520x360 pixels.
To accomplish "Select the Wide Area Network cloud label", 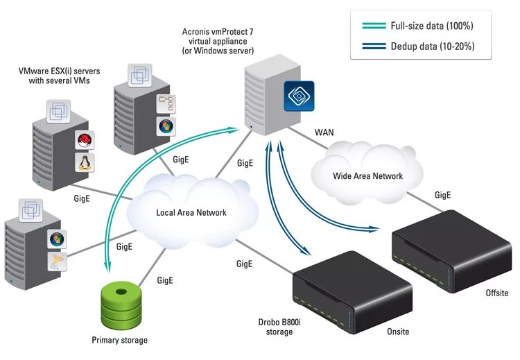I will (367, 175).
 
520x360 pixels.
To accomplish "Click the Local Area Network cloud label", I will (191, 212).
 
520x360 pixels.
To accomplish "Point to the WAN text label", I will (325, 131).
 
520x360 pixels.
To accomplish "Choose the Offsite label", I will (496, 293).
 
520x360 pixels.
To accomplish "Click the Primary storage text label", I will (119, 340).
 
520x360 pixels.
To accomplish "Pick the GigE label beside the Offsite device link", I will (444, 194).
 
